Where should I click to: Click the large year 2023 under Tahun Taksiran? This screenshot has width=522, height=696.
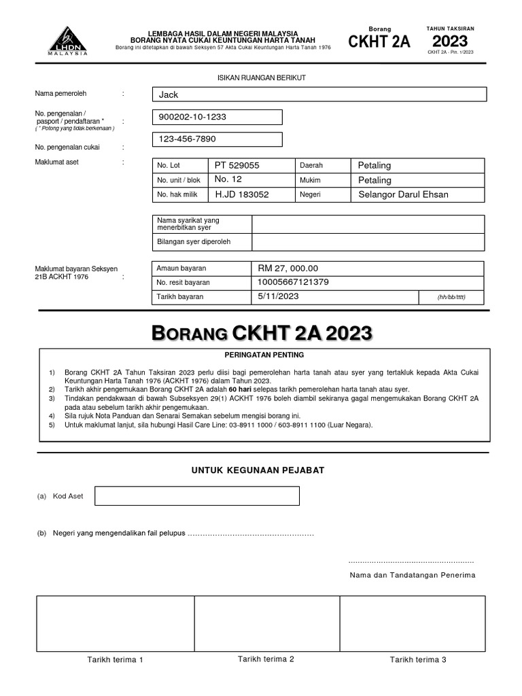pyautogui.click(x=450, y=41)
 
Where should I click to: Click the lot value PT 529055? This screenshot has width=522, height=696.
pyautogui.click(x=237, y=165)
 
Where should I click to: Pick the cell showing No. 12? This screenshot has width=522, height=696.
pyautogui.click(x=228, y=179)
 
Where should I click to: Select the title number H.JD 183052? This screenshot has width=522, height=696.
pyautogui.click(x=242, y=194)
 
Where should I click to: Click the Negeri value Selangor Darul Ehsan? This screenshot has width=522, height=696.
pyautogui.click(x=403, y=194)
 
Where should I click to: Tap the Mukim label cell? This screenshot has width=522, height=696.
pyautogui.click(x=309, y=180)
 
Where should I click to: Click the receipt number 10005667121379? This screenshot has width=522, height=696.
pyautogui.click(x=294, y=282)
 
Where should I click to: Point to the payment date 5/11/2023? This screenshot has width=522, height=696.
pyautogui.click(x=279, y=296)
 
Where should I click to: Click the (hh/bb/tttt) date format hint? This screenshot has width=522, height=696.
pyautogui.click(x=451, y=297)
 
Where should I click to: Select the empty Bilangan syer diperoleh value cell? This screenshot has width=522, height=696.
pyautogui.click(x=368, y=242)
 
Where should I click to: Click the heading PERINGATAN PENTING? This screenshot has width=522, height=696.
pyautogui.click(x=264, y=355)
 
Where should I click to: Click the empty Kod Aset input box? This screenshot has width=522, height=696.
pyautogui.click(x=196, y=496)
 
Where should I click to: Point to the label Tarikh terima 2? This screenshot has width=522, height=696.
pyautogui.click(x=266, y=659)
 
